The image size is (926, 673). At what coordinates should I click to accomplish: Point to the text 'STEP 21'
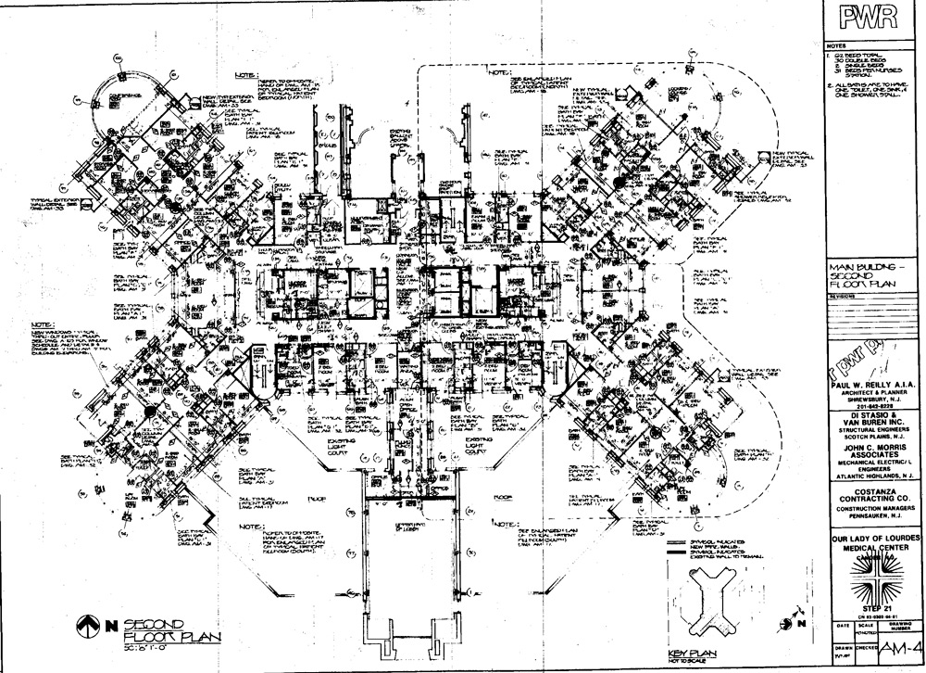[872, 602]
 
